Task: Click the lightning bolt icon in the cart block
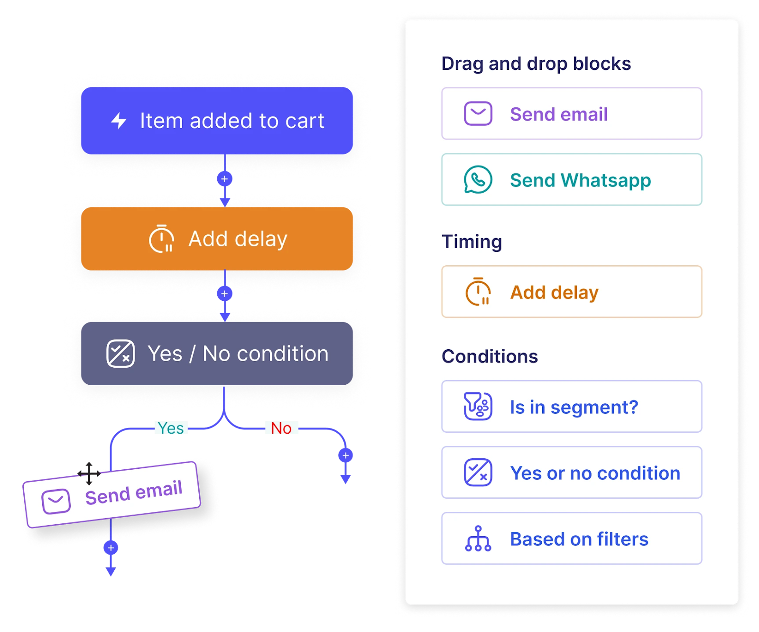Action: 119,121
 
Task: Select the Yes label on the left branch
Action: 171,428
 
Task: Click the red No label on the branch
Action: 281,428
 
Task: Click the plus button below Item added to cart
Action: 224,179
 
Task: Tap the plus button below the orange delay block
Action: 224,294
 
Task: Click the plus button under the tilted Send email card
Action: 111,548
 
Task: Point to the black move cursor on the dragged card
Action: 89,473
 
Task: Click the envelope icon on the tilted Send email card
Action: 56,501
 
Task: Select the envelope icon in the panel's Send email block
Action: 478,114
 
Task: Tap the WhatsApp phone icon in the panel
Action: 478,180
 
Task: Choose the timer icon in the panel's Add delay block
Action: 478,292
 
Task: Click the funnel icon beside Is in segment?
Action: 478,407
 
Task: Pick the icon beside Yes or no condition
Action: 478,473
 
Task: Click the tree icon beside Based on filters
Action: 478,539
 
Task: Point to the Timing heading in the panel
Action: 472,242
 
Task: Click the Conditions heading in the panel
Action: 490,356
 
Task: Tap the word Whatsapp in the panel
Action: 606,180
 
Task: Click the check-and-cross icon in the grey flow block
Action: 120,353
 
